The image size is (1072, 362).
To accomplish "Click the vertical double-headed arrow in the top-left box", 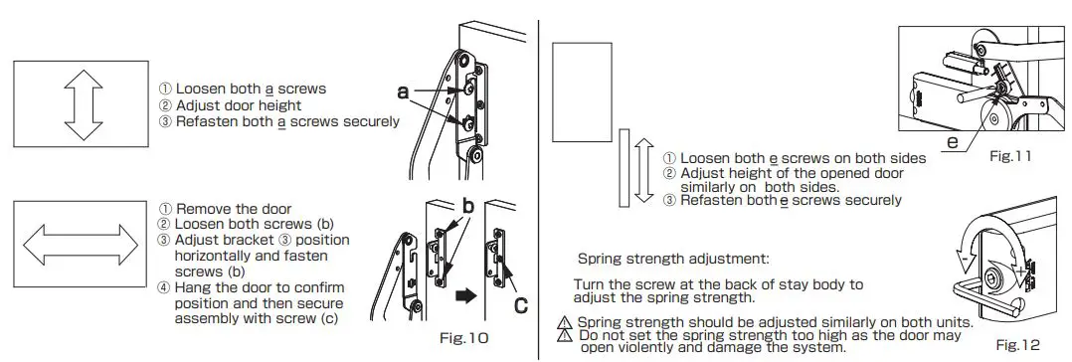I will click(85, 103).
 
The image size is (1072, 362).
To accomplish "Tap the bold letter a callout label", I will click(403, 92).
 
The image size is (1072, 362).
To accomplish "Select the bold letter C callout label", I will click(520, 304).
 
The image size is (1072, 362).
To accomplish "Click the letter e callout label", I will click(952, 144).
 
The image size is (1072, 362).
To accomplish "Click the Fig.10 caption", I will click(463, 338).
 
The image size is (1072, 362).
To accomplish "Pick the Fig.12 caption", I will click(1016, 344).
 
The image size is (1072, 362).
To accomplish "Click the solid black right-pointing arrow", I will click(463, 296).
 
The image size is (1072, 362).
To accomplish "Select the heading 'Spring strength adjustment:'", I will click(673, 259).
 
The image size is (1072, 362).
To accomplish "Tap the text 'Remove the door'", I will click(234, 209).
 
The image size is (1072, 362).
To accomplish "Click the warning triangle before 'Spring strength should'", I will click(566, 323).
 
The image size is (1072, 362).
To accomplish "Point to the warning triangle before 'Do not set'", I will click(566, 336).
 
